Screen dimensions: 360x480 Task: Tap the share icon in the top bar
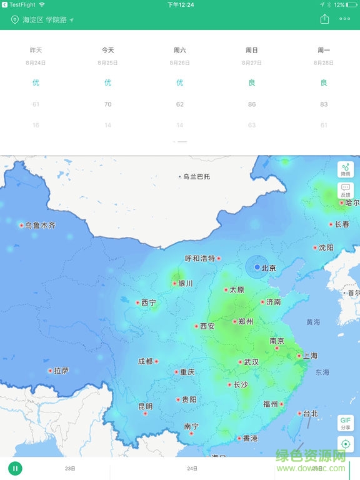pyautogui.click(x=324, y=19)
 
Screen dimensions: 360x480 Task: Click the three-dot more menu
pyautogui.click(x=344, y=19)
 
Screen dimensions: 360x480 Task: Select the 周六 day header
pyautogui.click(x=180, y=50)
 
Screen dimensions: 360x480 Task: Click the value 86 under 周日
pyautogui.click(x=252, y=104)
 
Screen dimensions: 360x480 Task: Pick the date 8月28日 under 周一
pyautogui.click(x=324, y=62)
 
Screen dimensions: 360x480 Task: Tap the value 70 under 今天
pyautogui.click(x=107, y=104)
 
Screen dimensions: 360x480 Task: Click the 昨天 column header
pyautogui.click(x=36, y=50)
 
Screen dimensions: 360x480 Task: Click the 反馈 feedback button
pyautogui.click(x=346, y=191)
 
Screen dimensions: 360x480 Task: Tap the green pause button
pyautogui.click(x=15, y=468)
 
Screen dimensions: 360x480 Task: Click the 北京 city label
pyautogui.click(x=268, y=268)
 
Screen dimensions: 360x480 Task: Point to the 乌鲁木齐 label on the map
pyautogui.click(x=40, y=225)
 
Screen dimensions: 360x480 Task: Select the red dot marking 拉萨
pyautogui.click(x=50, y=371)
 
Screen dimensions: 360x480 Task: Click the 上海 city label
pyautogui.click(x=311, y=356)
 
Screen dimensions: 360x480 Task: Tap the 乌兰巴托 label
pyautogui.click(x=196, y=177)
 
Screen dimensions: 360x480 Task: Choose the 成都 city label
pyautogui.click(x=145, y=361)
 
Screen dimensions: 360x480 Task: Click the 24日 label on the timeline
pyautogui.click(x=192, y=468)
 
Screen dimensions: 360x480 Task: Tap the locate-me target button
pyautogui.click(x=346, y=444)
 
